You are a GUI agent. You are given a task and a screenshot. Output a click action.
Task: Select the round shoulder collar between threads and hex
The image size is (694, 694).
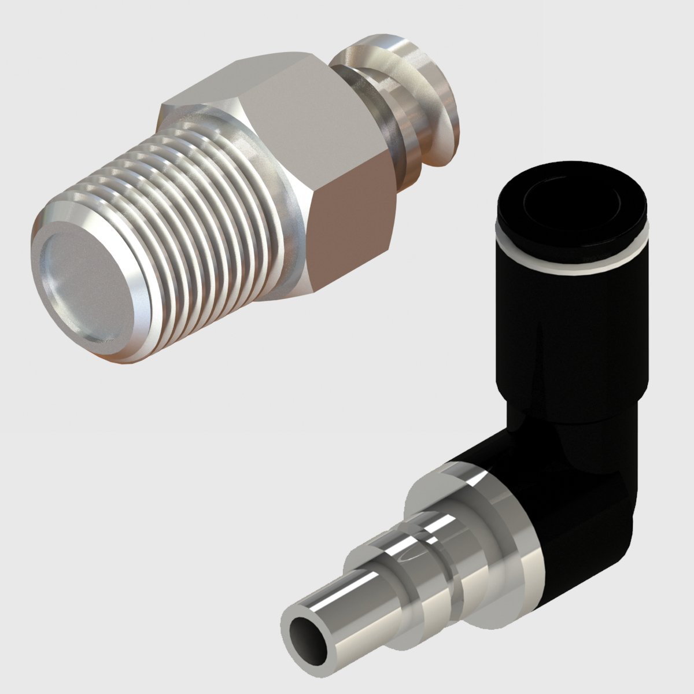289,231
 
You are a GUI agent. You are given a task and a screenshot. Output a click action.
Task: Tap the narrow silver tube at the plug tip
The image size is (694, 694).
335,613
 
